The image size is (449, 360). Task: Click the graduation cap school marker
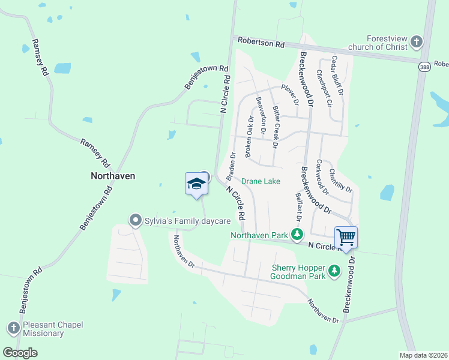tap(196, 184)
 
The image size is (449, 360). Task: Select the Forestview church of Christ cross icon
tap(417, 42)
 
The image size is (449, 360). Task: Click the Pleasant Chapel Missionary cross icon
tap(13, 328)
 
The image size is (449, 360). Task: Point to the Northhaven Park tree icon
tap(296, 235)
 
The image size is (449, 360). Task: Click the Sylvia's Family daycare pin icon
tap(135, 221)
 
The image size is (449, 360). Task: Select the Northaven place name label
tap(112, 176)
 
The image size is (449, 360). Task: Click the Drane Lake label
tap(261, 181)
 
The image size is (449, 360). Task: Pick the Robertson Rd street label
tap(261, 43)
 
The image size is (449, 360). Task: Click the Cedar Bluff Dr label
tap(336, 77)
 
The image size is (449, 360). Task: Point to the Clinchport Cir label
tap(324, 87)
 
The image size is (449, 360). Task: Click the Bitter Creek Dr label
tap(276, 127)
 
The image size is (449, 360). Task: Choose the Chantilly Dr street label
tap(340, 180)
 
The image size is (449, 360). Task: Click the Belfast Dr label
tap(298, 205)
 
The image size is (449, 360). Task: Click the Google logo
tap(20, 352)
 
